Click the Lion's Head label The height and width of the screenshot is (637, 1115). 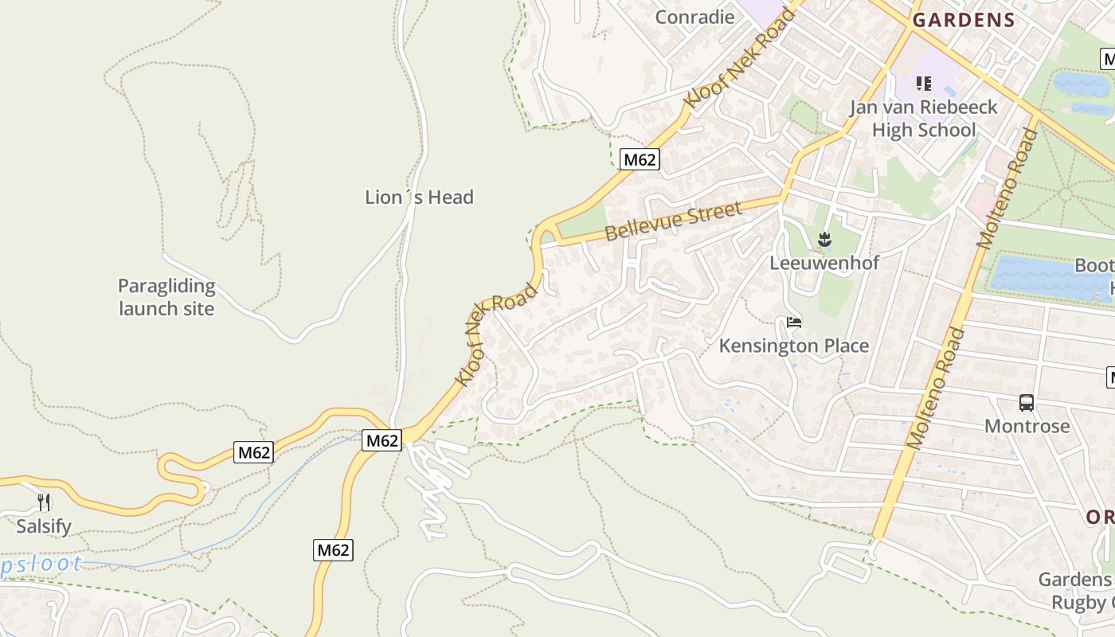(419, 197)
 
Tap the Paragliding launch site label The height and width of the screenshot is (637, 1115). (166, 297)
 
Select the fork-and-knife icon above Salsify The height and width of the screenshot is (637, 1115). (44, 502)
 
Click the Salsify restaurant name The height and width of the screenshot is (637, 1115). (44, 526)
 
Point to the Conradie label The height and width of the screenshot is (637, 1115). (694, 17)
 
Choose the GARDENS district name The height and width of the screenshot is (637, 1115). (964, 21)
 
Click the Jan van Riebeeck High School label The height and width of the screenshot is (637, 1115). (923, 119)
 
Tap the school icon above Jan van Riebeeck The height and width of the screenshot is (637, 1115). (924, 83)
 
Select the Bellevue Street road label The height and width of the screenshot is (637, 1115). (673, 221)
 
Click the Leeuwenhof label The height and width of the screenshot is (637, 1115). (824, 263)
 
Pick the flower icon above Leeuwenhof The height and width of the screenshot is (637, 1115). (824, 238)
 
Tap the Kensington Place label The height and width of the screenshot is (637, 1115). (793, 346)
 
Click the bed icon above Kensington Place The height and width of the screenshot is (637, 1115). (793, 322)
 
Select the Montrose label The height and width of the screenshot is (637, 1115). (1027, 426)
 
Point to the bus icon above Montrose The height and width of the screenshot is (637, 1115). (1027, 403)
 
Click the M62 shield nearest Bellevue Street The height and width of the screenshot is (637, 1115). (640, 159)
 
